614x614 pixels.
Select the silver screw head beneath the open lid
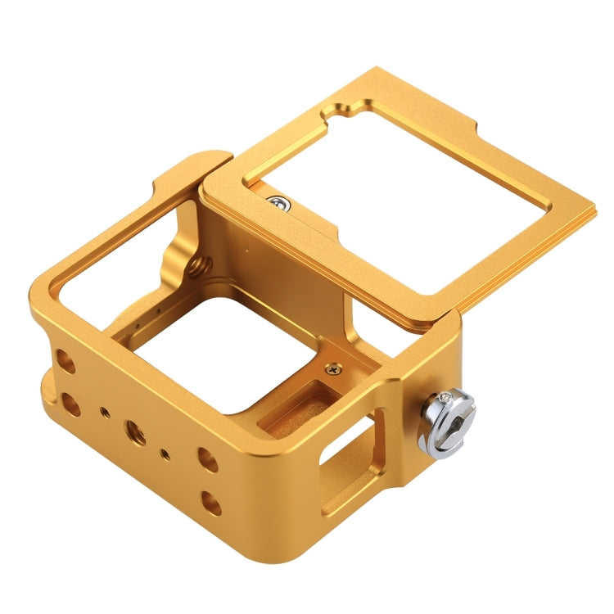click(x=280, y=201)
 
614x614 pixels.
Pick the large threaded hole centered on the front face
click(x=136, y=431)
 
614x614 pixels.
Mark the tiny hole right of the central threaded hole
click(x=167, y=453)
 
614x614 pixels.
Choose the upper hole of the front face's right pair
click(x=209, y=459)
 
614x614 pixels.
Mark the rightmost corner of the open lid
click(x=595, y=199)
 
